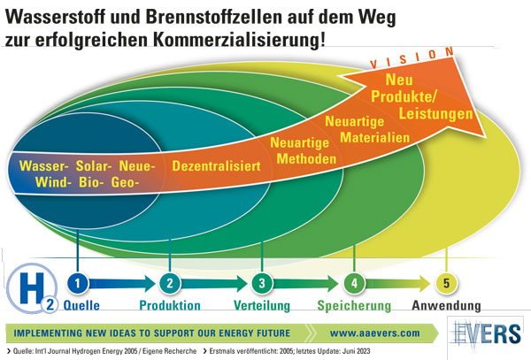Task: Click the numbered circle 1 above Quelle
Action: click(x=78, y=284)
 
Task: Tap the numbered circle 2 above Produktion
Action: click(x=170, y=284)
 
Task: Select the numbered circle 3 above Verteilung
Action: click(x=261, y=284)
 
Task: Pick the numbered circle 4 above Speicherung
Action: click(x=354, y=284)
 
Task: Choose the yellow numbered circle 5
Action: click(x=447, y=284)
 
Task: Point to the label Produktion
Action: click(x=170, y=306)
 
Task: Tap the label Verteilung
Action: click(x=263, y=306)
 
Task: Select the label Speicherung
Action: click(x=354, y=306)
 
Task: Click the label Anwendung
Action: click(x=448, y=306)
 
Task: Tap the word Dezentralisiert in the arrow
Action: click(x=212, y=165)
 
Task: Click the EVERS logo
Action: click(x=487, y=336)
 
